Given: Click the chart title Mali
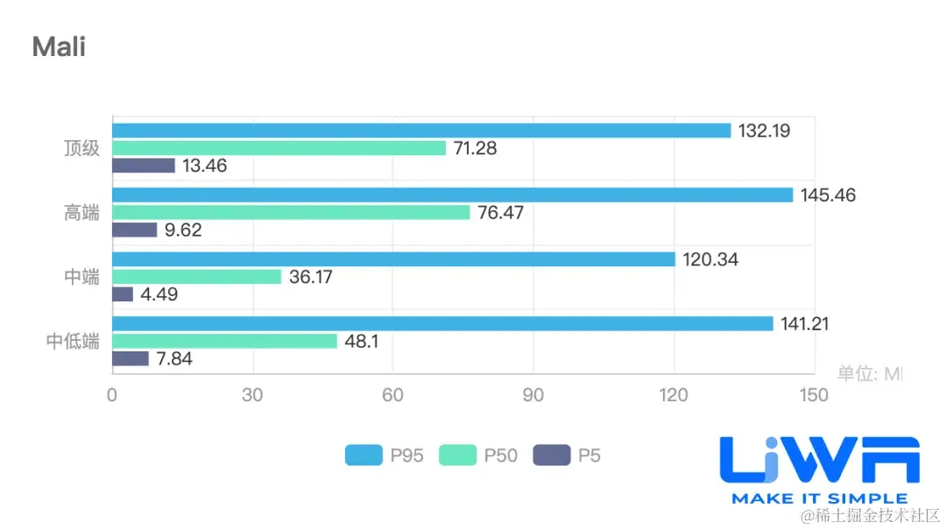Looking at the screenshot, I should pyautogui.click(x=59, y=46).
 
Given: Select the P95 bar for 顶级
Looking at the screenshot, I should pyautogui.click(x=421, y=131).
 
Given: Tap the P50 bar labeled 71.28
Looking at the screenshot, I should pyautogui.click(x=279, y=148).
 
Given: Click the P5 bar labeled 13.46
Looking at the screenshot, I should pyautogui.click(x=144, y=166).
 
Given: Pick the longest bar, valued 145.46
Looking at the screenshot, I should pyautogui.click(x=452, y=195).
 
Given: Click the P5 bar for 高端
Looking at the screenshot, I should pyautogui.click(x=135, y=230).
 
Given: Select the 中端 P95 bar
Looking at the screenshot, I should pyautogui.click(x=393, y=259).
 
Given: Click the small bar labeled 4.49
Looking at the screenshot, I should pyautogui.click(x=123, y=294).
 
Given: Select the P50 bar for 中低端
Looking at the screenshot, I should pyautogui.click(x=224, y=341).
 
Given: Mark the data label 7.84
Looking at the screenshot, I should pyautogui.click(x=174, y=359).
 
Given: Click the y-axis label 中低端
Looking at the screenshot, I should pyautogui.click(x=74, y=342).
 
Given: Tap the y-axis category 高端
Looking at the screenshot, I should pyautogui.click(x=81, y=213).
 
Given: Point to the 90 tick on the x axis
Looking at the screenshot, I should pyautogui.click(x=533, y=396).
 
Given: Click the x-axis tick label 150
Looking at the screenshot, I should pyautogui.click(x=814, y=396).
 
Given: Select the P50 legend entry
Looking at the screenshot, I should pyautogui.click(x=478, y=456).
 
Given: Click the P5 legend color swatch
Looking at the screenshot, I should pyautogui.click(x=552, y=456).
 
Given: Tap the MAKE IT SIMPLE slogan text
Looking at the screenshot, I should pyautogui.click(x=819, y=498).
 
